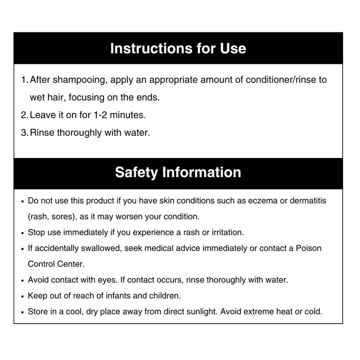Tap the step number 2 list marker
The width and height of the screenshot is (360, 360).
tap(24, 115)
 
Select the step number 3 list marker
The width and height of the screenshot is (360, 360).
tap(24, 133)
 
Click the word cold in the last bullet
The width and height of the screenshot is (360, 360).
tap(313, 311)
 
